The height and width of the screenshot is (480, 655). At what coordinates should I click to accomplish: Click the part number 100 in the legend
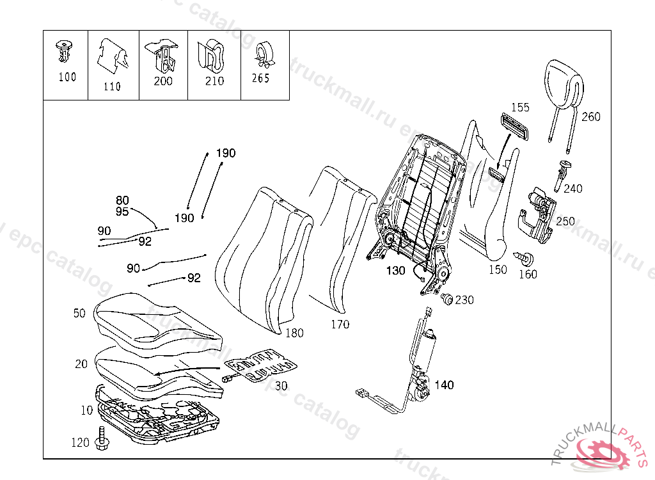(67, 77)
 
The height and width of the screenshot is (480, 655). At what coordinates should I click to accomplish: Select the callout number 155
(520, 108)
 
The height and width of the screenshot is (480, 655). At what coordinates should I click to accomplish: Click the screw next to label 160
(528, 259)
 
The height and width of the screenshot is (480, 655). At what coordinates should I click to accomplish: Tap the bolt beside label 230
(447, 299)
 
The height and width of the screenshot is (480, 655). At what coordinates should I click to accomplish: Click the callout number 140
(444, 385)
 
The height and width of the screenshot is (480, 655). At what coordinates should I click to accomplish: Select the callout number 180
(294, 333)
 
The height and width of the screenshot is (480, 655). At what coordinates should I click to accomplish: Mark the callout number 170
(340, 324)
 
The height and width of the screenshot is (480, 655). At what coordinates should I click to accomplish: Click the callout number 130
(395, 271)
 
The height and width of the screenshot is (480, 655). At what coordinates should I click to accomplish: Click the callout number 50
(79, 313)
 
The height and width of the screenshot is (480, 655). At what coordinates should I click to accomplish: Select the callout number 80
(122, 200)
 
